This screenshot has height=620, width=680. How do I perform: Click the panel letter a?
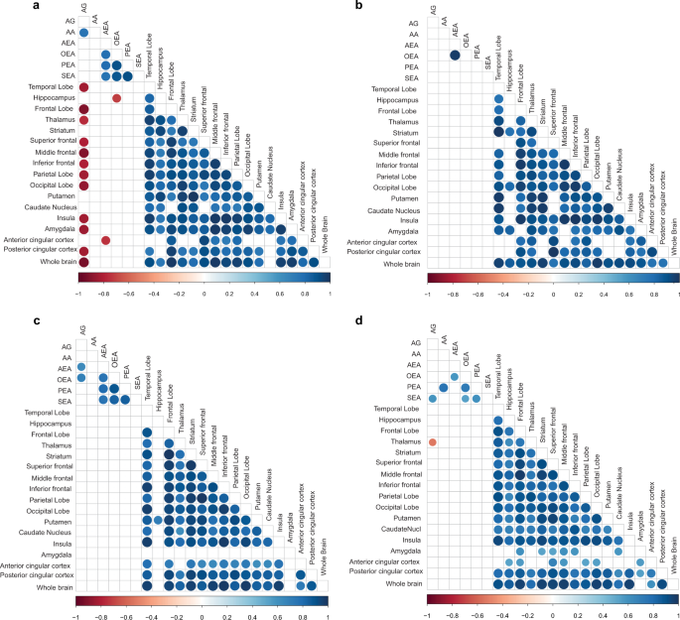(7, 7)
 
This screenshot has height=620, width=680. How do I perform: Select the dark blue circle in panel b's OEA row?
(456, 56)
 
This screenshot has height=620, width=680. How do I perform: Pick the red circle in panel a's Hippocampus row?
(116, 98)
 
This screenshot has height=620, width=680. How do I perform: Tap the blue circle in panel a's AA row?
(84, 34)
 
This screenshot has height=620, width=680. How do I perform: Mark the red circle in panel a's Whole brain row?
(83, 263)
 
